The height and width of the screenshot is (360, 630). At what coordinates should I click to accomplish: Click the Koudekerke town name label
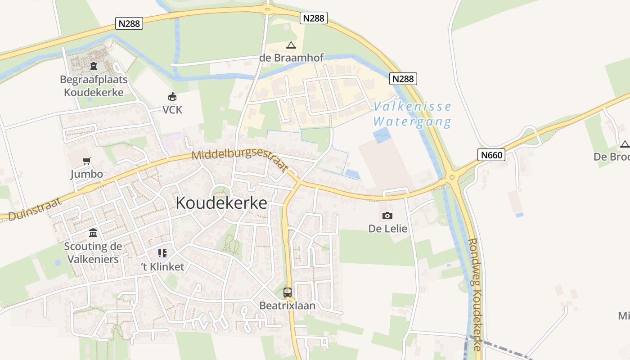point(221,203)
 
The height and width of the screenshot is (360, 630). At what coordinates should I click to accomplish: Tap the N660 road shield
point(491,155)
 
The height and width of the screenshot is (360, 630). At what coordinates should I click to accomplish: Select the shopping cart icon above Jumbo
point(87,161)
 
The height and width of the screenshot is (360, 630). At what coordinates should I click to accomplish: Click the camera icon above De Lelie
point(387,216)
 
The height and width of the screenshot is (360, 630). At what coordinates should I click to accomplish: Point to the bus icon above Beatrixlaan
point(288,292)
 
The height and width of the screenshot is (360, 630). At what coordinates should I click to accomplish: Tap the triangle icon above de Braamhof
point(291,45)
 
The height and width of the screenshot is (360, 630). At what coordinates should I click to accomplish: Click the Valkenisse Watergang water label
point(412,114)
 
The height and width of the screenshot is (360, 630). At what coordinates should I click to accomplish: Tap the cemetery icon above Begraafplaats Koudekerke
point(94,67)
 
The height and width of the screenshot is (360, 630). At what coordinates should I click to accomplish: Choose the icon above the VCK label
point(172,96)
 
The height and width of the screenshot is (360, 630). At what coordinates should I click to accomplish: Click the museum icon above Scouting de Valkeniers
point(93,233)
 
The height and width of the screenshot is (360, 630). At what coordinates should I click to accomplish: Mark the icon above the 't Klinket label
point(162,253)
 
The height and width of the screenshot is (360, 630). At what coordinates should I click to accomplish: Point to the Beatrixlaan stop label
point(288,306)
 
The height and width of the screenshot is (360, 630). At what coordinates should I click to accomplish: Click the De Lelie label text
point(388,229)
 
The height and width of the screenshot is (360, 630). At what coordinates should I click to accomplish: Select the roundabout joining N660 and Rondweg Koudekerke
point(451,177)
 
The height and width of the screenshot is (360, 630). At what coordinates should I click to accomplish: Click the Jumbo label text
point(86,174)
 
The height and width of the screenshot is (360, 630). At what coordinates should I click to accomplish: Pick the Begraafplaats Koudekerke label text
point(94,86)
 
